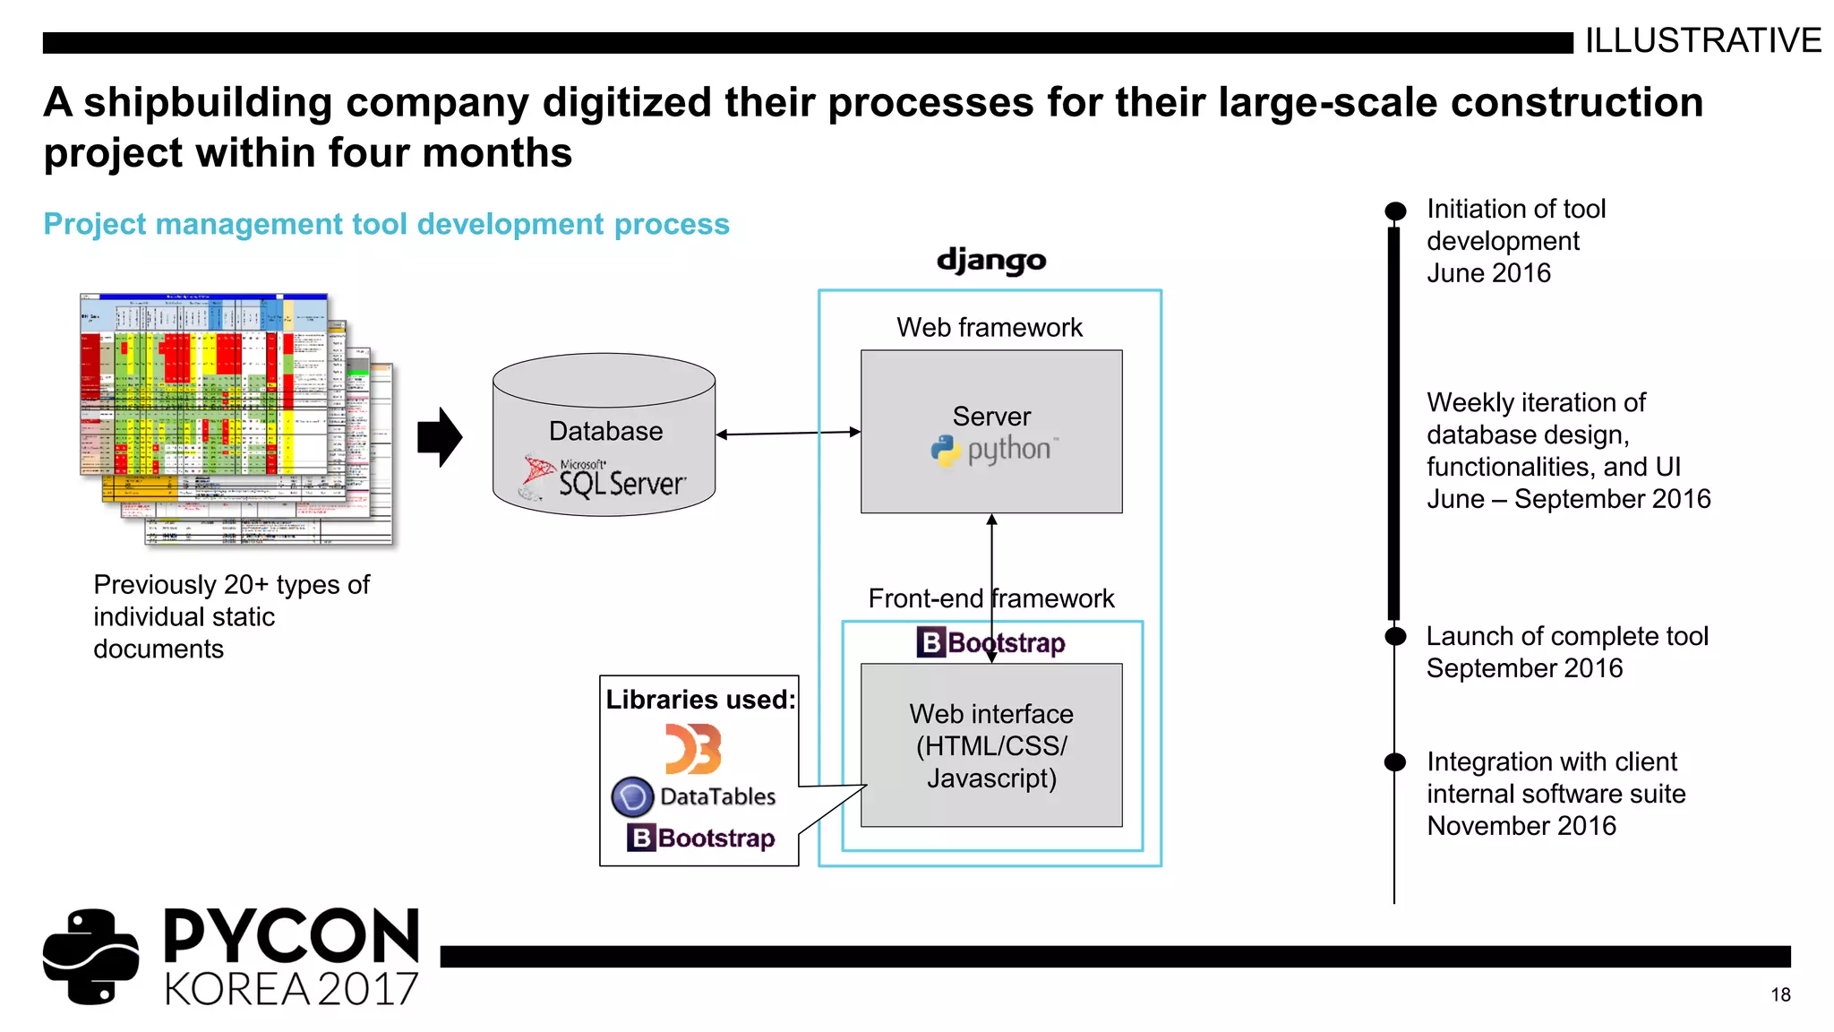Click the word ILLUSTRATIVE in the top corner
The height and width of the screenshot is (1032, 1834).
pos(1702,40)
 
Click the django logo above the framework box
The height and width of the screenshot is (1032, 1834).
pos(991,261)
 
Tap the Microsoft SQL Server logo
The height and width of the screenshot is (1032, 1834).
pos(605,478)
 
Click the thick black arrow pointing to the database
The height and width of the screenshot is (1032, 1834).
pos(440,437)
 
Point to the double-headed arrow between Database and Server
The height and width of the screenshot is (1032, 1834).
pos(788,434)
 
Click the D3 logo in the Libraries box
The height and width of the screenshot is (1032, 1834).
pos(693,749)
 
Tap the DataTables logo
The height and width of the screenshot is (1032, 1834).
pos(694,796)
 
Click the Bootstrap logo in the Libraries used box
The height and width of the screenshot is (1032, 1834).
pos(701,838)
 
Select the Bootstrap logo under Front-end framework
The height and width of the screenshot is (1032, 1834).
pos(991,642)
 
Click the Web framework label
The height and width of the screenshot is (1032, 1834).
pos(990,328)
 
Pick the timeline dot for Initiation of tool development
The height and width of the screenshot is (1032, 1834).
pos(1395,211)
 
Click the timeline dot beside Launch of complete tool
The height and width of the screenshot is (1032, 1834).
pos(1395,636)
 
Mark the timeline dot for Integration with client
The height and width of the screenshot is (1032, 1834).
pos(1395,762)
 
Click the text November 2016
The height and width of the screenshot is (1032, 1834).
pos(1521,826)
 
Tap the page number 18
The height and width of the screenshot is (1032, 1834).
pos(1780,994)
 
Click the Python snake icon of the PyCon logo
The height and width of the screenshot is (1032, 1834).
pos(91,957)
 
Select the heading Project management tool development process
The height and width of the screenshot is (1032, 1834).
pos(386,224)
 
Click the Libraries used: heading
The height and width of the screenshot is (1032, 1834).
pos(700,700)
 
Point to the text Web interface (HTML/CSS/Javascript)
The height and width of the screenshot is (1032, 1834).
pos(991,746)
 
